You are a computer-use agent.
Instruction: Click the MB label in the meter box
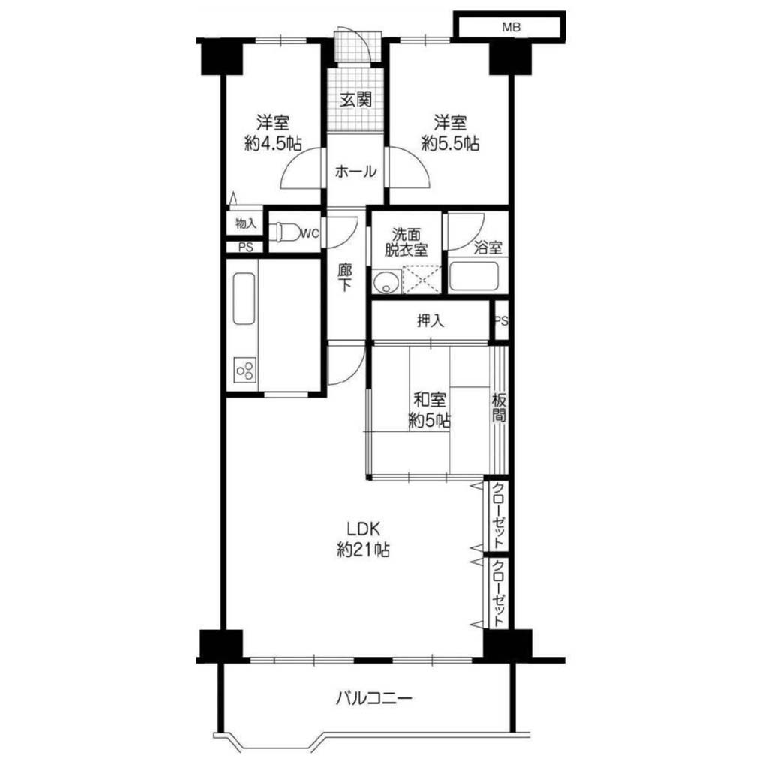point(511,28)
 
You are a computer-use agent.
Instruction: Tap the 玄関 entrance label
point(356,100)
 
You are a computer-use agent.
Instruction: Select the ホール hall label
point(356,172)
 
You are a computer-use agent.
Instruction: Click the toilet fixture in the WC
point(288,232)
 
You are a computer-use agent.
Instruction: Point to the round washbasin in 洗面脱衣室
point(386,282)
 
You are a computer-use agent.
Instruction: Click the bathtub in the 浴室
point(473,277)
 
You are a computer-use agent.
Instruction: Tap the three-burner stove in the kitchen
point(245,369)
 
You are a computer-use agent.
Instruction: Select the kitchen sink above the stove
point(244,298)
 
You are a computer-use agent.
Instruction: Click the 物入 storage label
point(246,223)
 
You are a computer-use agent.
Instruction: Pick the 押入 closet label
point(430,321)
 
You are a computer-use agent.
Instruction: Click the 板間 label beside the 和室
point(499,408)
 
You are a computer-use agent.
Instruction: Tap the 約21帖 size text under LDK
point(364,550)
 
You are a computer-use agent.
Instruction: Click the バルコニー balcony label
point(373,697)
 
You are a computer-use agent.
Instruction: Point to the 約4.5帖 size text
point(273,143)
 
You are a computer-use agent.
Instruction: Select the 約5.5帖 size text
point(451,143)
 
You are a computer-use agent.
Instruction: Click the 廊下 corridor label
point(345,277)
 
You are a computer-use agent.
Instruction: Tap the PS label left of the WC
point(246,247)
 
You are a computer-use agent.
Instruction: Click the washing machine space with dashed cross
point(421,280)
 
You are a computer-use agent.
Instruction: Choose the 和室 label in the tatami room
point(430,400)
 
